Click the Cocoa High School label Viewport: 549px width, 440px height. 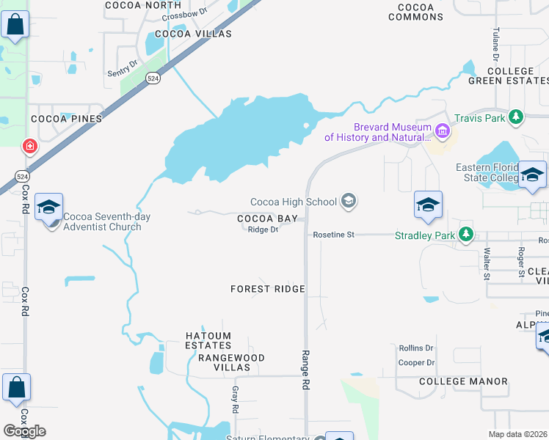[293, 202]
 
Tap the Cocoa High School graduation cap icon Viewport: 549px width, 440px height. [349, 202]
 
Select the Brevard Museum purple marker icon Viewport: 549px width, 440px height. [442, 132]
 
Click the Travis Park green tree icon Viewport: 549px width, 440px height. [517, 117]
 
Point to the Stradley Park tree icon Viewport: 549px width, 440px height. [465, 235]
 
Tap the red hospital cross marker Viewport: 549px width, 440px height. [30, 147]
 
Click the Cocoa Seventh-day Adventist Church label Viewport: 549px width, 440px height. [102, 221]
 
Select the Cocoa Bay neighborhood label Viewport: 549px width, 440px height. [267, 219]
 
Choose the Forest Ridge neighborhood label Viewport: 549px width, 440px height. [267, 289]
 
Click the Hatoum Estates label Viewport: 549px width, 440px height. [208, 340]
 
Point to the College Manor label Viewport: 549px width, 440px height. [463, 381]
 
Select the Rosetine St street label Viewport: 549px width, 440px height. [334, 235]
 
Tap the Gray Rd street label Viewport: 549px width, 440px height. [236, 398]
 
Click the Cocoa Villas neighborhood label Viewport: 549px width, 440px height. [193, 34]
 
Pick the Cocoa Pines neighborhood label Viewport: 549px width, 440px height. [65, 118]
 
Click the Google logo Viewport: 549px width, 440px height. [24, 431]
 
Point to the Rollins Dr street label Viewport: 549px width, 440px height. [416, 348]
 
